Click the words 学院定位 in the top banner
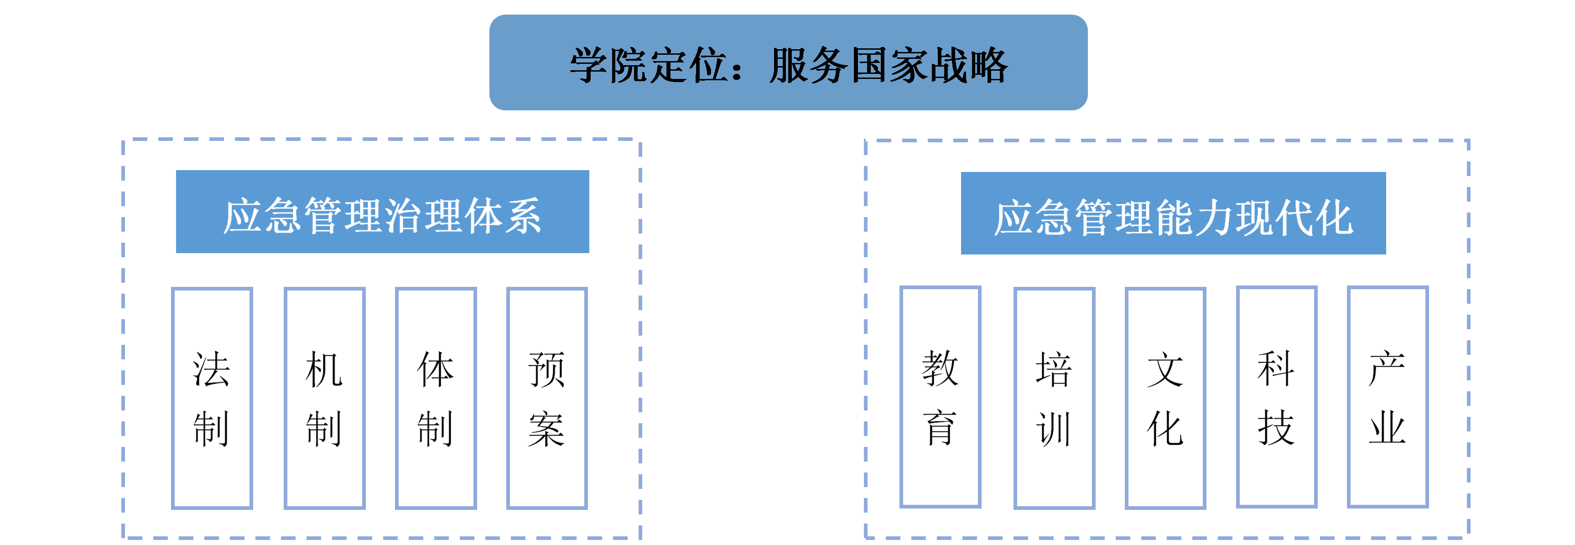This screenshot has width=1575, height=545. click(649, 66)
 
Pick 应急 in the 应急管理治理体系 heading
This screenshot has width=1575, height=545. click(262, 215)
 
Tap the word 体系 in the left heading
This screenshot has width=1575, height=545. click(503, 215)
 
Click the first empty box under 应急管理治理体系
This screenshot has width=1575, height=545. click(212, 398)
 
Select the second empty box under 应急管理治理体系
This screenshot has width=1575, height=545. click(325, 398)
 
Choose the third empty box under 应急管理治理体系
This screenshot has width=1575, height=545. click(436, 398)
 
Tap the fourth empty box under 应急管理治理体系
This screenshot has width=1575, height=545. click(547, 398)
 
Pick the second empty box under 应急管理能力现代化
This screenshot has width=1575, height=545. click(1054, 398)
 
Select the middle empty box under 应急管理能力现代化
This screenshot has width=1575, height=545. click(1165, 398)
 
